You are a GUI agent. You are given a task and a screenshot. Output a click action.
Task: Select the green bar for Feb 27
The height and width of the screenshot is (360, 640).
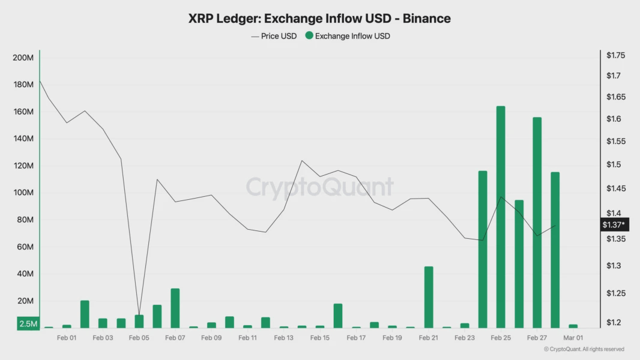pos(537,223)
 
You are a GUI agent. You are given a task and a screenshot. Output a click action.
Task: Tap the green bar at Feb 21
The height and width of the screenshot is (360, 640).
pos(429,297)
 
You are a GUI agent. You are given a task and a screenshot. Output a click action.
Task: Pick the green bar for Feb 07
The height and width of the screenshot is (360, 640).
pos(175,308)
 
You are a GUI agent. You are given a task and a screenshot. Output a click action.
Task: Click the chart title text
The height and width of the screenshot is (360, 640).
pos(319,19)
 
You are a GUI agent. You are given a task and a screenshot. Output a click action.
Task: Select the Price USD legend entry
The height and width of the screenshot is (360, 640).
pos(274,36)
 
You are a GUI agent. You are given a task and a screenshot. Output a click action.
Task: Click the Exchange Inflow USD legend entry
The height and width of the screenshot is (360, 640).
pos(348,36)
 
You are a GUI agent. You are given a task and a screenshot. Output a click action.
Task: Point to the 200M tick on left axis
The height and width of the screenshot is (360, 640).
pos(23,58)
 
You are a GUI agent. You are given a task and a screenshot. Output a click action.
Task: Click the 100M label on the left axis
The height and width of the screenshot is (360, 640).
pos(23,193)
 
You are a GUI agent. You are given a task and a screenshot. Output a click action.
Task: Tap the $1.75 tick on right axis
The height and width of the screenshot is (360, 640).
pos(616,55)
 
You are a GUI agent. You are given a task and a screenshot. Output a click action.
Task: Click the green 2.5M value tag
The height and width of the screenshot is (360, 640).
pos(28,324)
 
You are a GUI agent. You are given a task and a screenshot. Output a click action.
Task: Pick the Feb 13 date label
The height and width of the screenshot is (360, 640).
pos(284,338)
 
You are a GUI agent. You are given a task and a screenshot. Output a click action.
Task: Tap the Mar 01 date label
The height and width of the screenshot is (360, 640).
pos(573,338)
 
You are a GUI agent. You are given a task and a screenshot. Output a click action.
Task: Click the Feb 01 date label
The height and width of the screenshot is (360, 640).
pos(67,338)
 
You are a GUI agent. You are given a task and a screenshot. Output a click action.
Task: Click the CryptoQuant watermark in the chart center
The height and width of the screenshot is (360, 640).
pos(319,187)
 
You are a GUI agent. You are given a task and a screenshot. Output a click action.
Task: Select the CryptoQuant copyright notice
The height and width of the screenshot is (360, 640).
pos(584,349)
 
